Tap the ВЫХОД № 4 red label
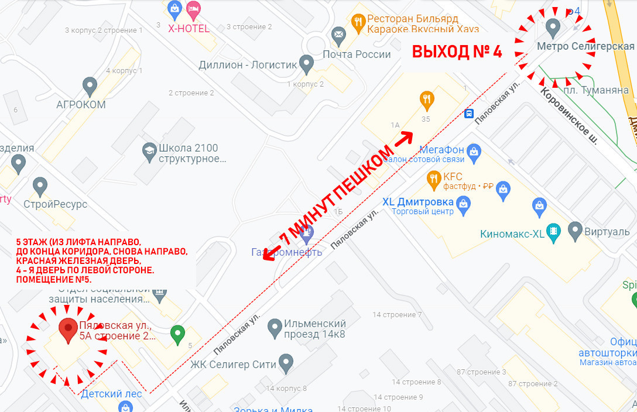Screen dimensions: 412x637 457,51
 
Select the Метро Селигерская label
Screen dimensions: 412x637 585,46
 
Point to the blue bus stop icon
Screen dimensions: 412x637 469,114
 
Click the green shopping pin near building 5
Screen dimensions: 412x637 177,334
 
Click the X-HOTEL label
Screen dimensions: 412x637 189,28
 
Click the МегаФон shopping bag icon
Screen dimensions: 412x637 474,150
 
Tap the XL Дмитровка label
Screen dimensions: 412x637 418,201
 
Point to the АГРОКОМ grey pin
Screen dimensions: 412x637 90,86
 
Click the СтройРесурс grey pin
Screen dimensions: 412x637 40,187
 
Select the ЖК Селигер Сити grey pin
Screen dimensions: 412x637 286,362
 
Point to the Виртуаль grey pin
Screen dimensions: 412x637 575,231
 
